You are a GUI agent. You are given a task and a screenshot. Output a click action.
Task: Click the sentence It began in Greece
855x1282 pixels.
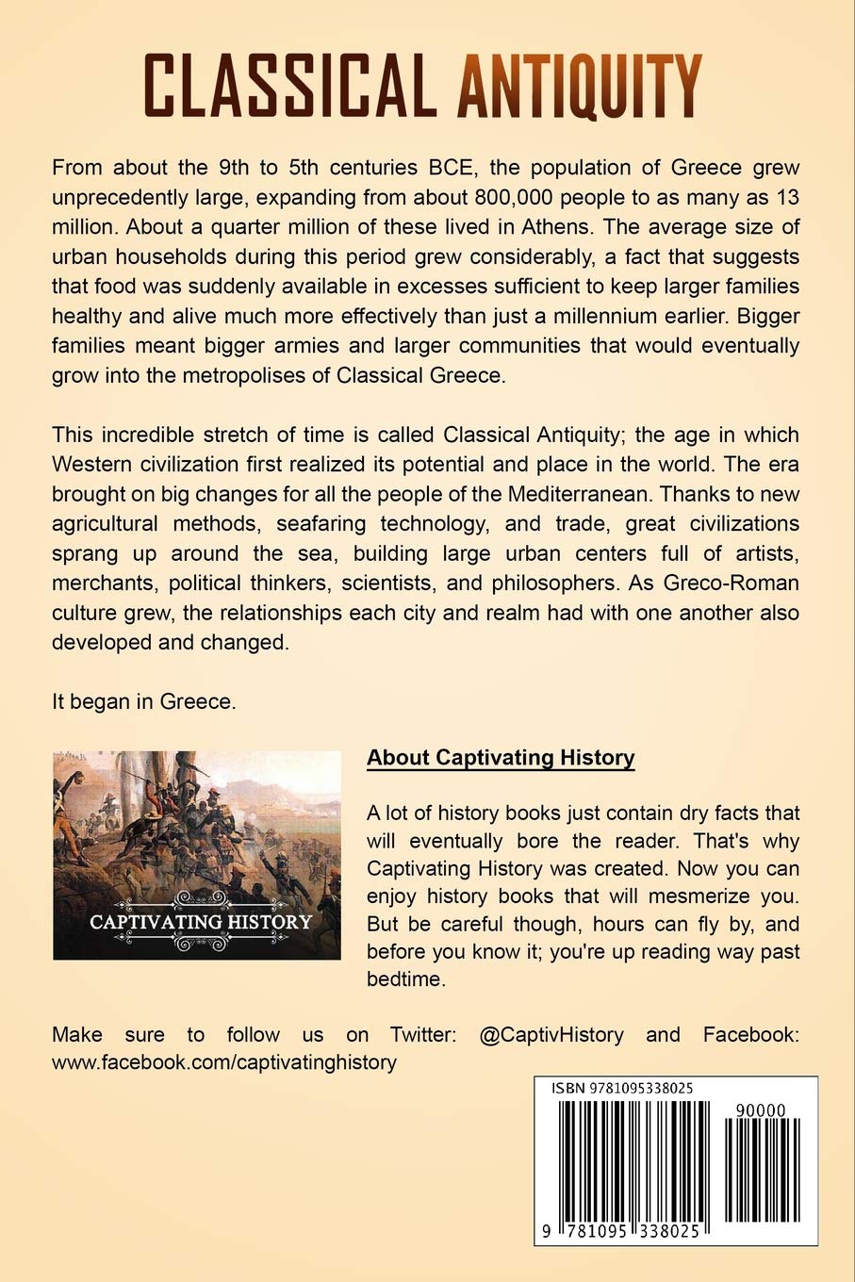tap(141, 700)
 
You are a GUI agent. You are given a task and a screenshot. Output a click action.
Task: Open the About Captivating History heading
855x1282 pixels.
tap(501, 757)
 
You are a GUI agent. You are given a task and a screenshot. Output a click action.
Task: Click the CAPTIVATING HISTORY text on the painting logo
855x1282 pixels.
tap(200, 921)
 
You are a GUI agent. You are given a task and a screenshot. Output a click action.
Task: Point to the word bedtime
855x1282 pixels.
tap(404, 978)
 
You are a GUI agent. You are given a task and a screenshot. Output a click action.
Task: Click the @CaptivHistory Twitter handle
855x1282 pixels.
tap(551, 1034)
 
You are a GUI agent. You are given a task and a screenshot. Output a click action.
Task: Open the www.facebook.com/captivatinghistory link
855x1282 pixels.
tap(224, 1062)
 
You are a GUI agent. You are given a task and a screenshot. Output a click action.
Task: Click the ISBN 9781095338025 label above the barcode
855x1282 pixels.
tap(623, 1088)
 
